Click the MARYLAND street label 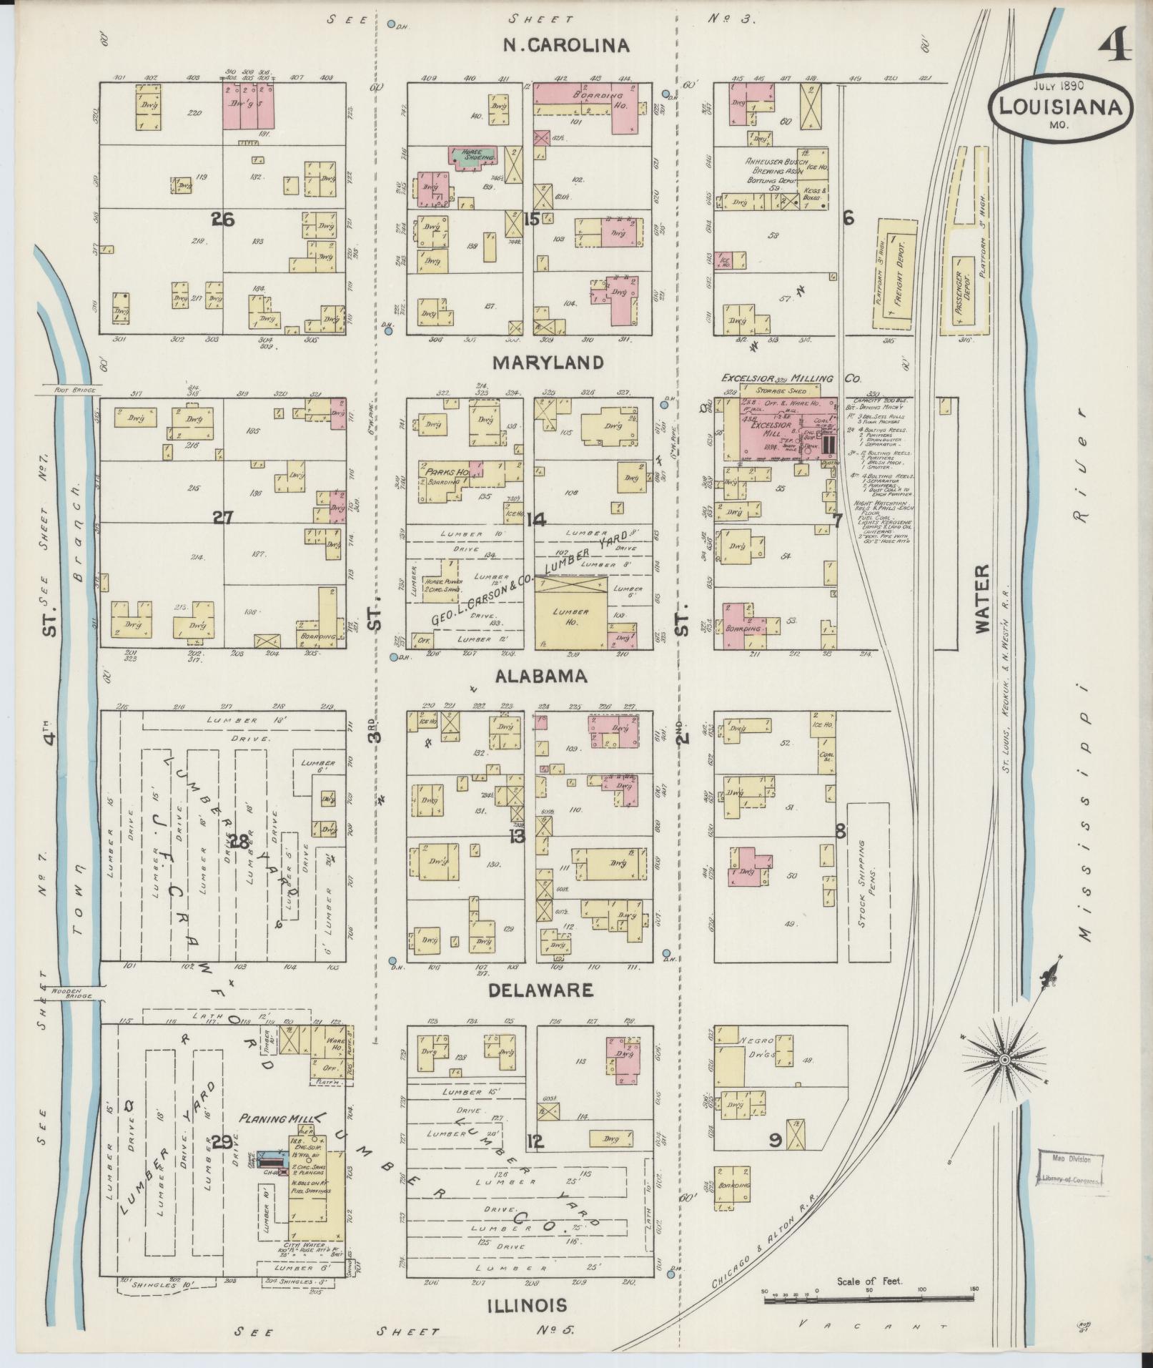point(548,363)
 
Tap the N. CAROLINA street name point(566,46)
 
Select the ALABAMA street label point(538,676)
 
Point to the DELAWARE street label point(540,990)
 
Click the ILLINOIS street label point(527,1305)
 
